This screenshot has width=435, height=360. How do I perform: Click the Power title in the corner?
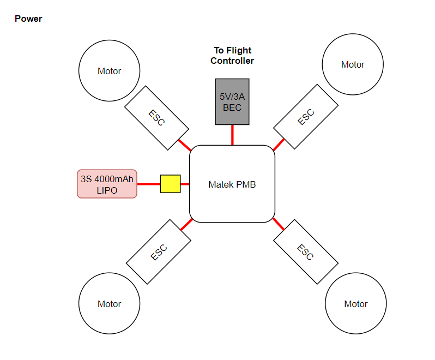coord(28,19)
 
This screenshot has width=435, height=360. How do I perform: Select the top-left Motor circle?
coord(109,71)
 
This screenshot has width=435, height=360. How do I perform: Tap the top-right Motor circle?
coord(353,64)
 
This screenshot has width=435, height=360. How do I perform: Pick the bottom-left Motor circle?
coord(109,304)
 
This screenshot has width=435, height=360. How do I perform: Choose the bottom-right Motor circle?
coord(355,304)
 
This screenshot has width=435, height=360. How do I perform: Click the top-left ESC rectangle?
coord(157,118)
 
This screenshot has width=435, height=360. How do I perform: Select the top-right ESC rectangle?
coord(306,117)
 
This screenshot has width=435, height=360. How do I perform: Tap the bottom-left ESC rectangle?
coord(158,251)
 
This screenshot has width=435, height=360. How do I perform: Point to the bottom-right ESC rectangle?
coord(306,251)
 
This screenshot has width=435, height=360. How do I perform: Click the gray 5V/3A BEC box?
coord(232,102)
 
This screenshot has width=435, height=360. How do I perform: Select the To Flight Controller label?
coord(232,56)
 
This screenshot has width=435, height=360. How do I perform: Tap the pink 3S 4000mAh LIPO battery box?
coord(107,184)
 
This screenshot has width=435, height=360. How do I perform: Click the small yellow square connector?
coord(170,184)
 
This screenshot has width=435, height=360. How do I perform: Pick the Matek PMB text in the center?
coord(232,184)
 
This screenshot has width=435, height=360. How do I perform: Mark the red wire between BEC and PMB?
coord(232,135)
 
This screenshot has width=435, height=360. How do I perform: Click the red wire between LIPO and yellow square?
coord(148,184)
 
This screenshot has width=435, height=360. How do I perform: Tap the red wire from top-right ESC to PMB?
coord(279,145)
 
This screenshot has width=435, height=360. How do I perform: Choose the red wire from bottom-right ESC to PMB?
coord(279,224)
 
